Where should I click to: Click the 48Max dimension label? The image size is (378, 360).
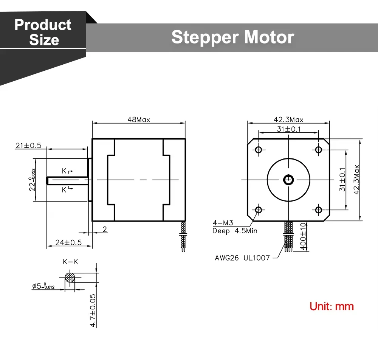pos(139,119)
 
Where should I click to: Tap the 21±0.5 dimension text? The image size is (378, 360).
pos(28,146)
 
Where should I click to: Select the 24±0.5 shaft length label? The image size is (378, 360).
pos(68,242)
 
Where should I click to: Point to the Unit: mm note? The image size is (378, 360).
pos(332,306)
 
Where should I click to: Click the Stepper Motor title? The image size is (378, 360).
pos(233,37)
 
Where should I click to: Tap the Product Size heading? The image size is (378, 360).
pos(43,32)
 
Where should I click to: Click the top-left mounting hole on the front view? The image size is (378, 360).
pos(259,150)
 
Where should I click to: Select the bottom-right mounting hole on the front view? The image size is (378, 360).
pos(318,210)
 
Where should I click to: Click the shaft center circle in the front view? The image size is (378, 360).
pos(288,180)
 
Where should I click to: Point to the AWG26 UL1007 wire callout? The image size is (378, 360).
pos(242,258)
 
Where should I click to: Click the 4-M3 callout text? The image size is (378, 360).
pos(223,223)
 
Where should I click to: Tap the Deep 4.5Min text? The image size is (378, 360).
pos(235,231)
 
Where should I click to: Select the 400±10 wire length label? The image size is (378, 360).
pos(303,237)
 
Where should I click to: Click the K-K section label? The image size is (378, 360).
pos(70,262)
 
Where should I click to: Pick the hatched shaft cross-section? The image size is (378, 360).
pos(70,278)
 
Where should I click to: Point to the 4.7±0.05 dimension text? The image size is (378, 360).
pos(93,310)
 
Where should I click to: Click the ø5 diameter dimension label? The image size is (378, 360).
pos(43,286)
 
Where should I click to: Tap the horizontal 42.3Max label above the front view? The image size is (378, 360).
pos(288,119)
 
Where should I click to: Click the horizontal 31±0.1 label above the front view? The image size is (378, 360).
pos(289,129)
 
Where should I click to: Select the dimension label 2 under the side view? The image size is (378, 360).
pos(105,229)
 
